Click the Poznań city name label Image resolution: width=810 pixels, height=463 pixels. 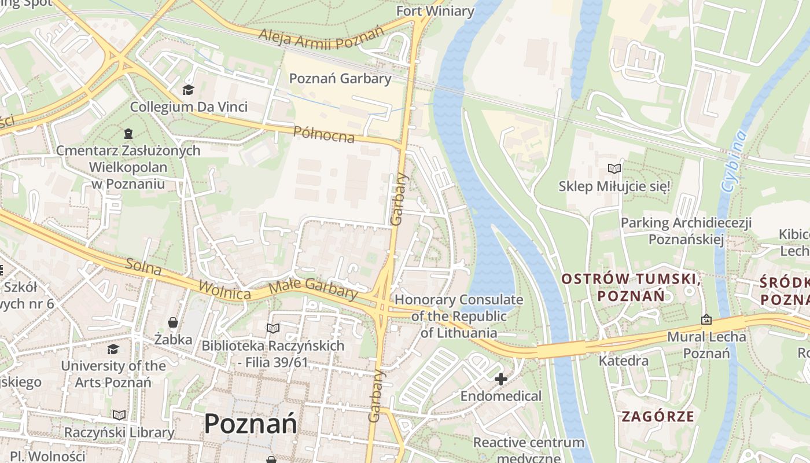tap(251, 424)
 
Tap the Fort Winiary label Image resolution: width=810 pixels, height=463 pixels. tap(435, 11)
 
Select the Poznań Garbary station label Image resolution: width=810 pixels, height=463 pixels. tap(340, 79)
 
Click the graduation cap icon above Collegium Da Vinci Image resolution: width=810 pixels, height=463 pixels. tap(188, 90)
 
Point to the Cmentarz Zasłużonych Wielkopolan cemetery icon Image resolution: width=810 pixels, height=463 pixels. tap(128, 134)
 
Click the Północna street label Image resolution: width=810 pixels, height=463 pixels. tap(323, 134)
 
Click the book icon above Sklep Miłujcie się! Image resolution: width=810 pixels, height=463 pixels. tap(614, 169)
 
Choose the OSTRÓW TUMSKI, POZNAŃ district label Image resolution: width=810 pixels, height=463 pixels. tap(631, 288)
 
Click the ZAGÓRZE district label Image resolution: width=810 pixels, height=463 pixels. tap(658, 416)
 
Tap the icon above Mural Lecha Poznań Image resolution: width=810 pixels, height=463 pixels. tap(706, 319)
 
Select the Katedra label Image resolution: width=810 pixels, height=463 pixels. tap(623, 361)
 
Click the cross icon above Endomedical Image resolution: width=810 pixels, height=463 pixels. tap(501, 379)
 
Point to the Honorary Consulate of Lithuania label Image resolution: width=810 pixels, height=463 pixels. tap(459, 316)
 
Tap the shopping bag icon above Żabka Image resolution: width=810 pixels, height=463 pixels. tap(172, 322)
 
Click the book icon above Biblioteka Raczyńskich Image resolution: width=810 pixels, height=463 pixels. tap(273, 328)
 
